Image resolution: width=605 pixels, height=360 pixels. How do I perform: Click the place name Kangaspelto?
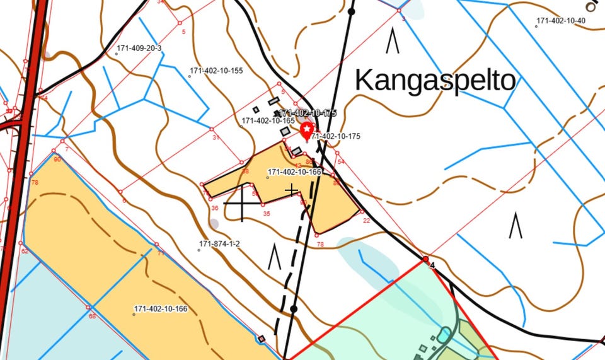435,81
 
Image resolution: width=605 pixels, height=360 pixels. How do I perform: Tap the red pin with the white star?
308,131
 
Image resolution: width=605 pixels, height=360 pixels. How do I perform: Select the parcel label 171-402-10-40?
560,21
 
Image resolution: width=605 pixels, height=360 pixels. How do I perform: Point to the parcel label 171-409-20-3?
139,49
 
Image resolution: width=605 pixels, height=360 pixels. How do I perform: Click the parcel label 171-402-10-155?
216,71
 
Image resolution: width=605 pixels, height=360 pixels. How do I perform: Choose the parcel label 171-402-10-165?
268,120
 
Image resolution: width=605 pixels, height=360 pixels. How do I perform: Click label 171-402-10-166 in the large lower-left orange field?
160,309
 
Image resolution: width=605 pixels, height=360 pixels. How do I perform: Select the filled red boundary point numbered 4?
425,259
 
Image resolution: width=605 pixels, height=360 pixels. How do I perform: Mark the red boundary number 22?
366,220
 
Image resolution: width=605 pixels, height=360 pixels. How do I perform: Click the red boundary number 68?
92,316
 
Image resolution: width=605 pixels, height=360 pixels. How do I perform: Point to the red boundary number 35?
267,214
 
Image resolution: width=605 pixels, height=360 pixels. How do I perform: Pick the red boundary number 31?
216,137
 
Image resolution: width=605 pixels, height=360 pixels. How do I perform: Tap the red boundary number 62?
25,251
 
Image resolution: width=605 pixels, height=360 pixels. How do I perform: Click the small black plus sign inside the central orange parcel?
291,190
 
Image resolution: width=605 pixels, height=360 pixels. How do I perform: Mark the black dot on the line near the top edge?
352,11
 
